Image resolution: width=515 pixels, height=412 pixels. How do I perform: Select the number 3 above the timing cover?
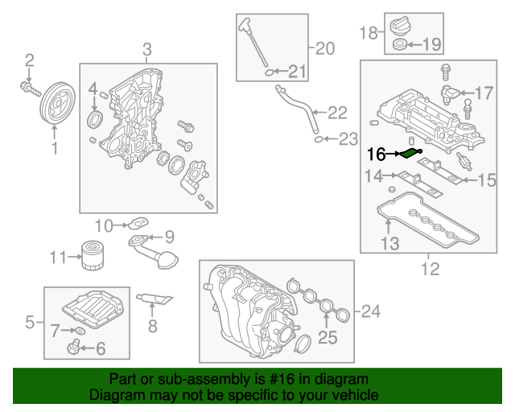(146, 51)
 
